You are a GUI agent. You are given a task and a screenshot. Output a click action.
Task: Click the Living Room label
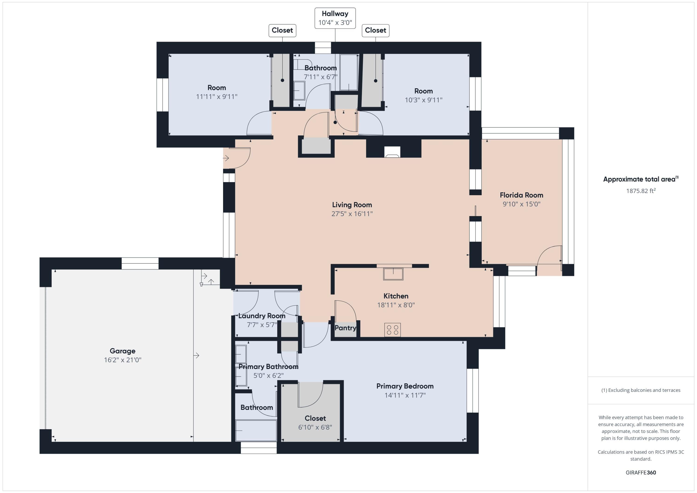pyautogui.click(x=352, y=205)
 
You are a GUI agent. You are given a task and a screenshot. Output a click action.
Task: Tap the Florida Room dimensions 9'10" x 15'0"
pyautogui.click(x=522, y=204)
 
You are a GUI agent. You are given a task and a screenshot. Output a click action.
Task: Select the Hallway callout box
pyautogui.click(x=335, y=18)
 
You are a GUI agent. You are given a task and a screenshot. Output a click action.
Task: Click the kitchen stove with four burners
pyautogui.click(x=392, y=330)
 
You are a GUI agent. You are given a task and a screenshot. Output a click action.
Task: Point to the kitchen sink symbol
pyautogui.click(x=393, y=274)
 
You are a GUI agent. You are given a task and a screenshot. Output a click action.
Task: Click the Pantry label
pyautogui.click(x=345, y=328)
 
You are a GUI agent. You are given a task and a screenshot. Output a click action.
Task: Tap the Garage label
pyautogui.click(x=123, y=351)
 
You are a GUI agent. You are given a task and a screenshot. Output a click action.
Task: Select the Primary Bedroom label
pyautogui.click(x=405, y=386)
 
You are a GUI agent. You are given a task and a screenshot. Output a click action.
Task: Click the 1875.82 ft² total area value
pyautogui.click(x=641, y=191)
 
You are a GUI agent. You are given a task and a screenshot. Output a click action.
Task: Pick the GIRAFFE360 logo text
pyautogui.click(x=641, y=472)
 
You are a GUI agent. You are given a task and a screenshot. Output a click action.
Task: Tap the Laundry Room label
pyautogui.click(x=262, y=316)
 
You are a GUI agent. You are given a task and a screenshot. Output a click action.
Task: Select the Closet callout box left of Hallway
pyautogui.click(x=282, y=30)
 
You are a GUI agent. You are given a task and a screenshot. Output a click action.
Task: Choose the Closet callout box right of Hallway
pyautogui.click(x=375, y=30)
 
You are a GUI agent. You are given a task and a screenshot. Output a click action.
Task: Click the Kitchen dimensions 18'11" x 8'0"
pyautogui.click(x=396, y=305)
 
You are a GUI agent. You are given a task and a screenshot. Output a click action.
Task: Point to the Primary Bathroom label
pyautogui.click(x=268, y=367)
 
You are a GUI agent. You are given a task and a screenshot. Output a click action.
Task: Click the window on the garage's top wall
pyautogui.click(x=140, y=263)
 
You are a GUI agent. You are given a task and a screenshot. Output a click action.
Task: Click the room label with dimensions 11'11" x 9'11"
pyautogui.click(x=217, y=88)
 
